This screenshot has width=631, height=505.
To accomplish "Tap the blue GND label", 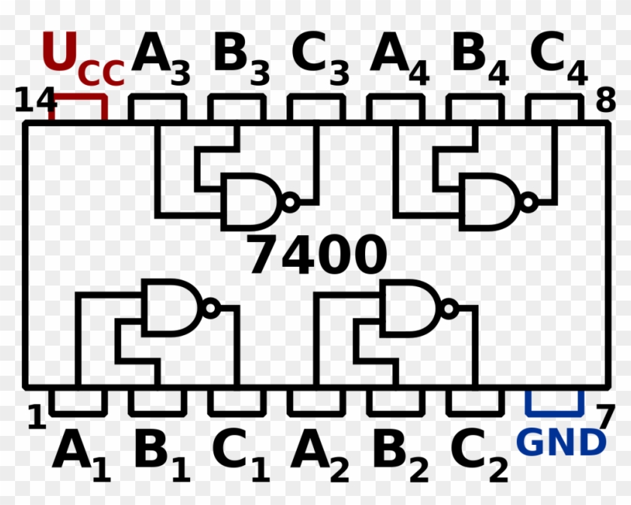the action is tap(561, 442).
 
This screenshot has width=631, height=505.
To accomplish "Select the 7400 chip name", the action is tap(317, 254).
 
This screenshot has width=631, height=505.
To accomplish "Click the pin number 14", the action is tap(35, 100).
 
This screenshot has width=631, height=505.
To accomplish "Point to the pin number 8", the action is tap(605, 100).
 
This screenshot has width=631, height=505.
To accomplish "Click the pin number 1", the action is tap(37, 416).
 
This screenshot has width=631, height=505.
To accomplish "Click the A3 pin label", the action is tap(161, 58).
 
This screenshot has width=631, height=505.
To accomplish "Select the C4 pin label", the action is tap(559, 58).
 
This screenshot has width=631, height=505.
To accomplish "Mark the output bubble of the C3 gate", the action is tap(290, 201).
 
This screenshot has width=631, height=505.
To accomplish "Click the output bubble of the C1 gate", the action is tap(210, 308).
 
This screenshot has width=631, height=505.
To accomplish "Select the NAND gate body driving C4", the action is tap(491, 202).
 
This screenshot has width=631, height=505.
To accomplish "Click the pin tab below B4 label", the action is tap(475, 107).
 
